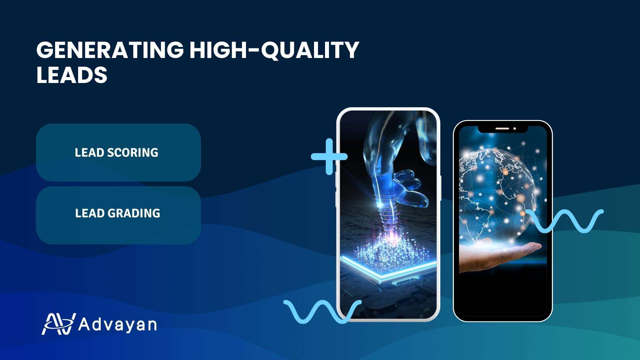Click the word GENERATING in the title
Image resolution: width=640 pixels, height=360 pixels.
point(110,50)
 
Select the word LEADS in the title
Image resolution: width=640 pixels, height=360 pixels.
point(72,75)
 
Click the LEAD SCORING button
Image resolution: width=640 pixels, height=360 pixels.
point(118,152)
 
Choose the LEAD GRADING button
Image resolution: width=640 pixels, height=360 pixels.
point(118,215)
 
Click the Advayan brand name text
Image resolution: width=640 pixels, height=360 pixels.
point(117,324)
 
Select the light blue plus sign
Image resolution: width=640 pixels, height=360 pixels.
point(329,156)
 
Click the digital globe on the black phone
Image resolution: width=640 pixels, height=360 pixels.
point(499,193)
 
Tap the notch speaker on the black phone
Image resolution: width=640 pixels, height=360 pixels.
point(502,128)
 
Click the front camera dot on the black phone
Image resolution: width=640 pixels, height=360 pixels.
point(515,128)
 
